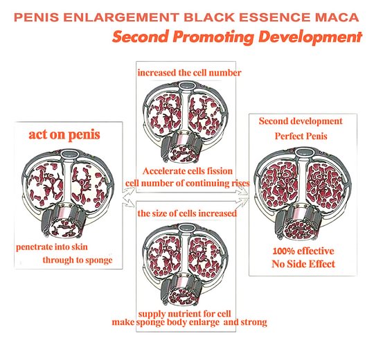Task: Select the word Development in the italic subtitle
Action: pos(310,37)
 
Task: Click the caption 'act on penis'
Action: pos(64,135)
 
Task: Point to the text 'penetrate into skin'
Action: pos(52,247)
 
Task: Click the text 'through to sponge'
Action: pos(78,260)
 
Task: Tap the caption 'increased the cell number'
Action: pos(189,73)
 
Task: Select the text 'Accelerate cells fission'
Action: pos(188,171)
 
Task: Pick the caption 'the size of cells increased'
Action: pos(187,213)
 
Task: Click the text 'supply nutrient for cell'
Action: pos(184,314)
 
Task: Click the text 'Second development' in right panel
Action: pos(301,121)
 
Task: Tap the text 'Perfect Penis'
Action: pos(301,136)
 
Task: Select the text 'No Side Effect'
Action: pos(303,264)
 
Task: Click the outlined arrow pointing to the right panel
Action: pos(242,195)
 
